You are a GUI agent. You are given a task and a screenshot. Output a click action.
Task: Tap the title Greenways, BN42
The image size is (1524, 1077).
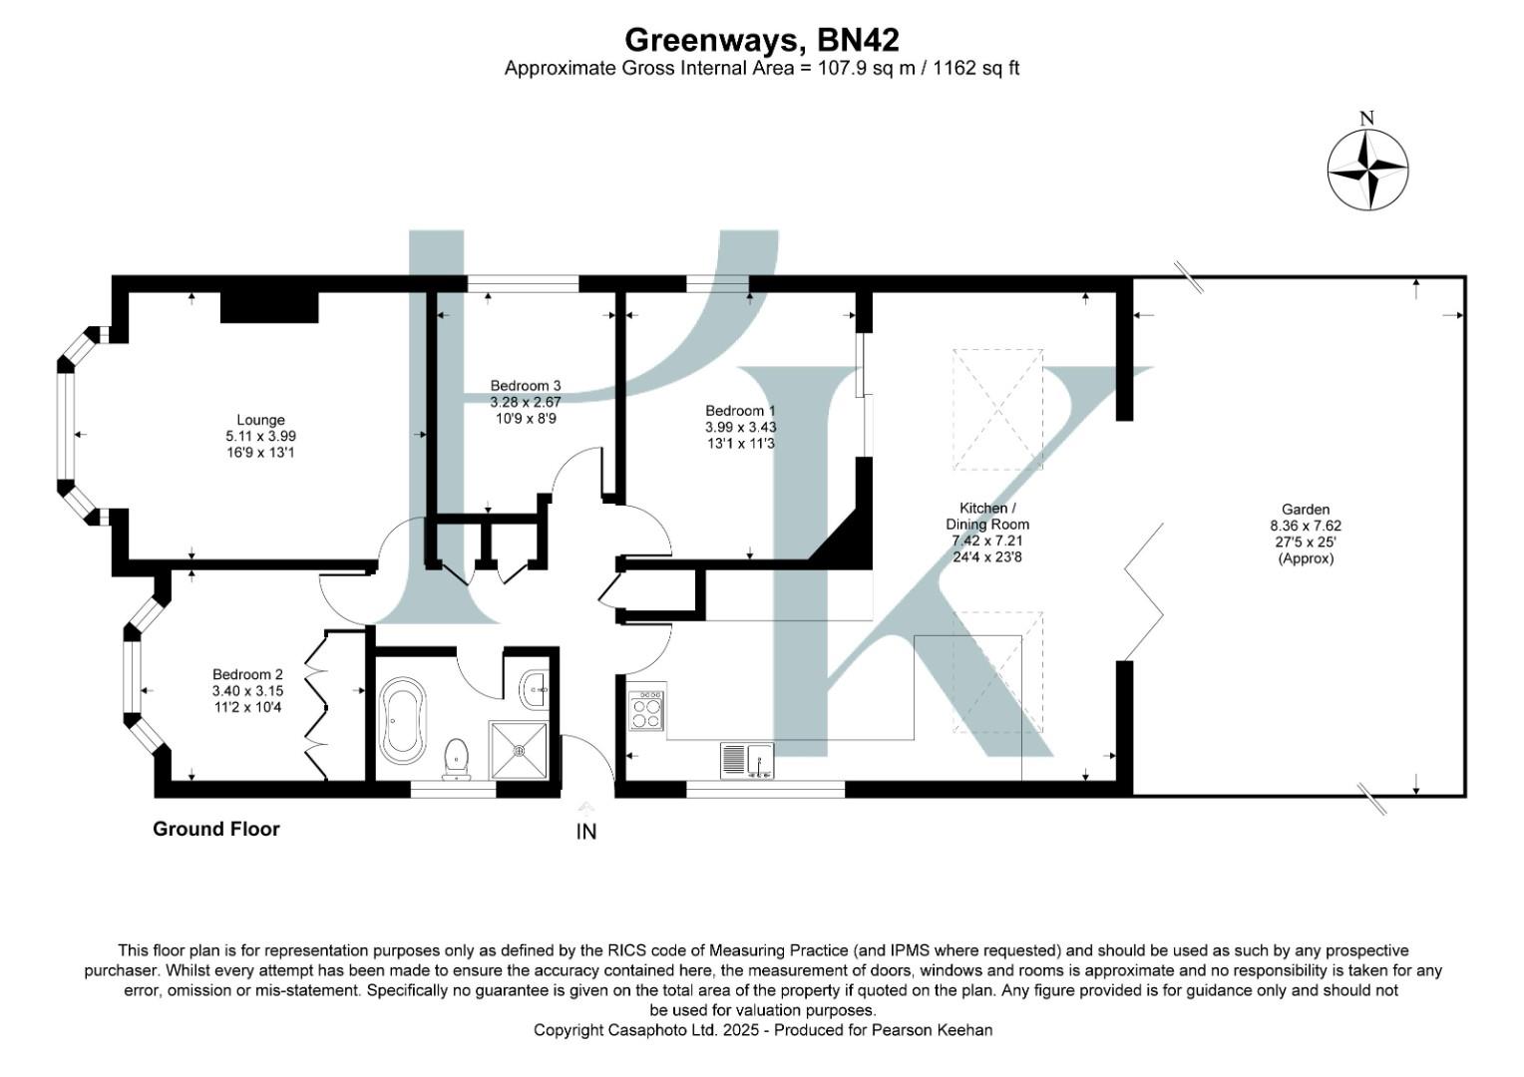tap(761, 40)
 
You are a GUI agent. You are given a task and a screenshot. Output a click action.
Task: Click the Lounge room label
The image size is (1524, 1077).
tap(260, 436)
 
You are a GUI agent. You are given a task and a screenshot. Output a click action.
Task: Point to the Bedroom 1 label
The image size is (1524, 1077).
tap(740, 426)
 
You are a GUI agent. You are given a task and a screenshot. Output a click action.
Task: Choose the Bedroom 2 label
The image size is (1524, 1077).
tap(247, 690)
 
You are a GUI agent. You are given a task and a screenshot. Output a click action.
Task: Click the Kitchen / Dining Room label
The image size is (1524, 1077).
tap(987, 533)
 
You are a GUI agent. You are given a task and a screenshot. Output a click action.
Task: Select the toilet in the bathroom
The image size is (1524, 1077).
tap(457, 758)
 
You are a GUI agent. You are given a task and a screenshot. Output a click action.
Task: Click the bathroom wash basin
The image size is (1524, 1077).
tap(534, 687)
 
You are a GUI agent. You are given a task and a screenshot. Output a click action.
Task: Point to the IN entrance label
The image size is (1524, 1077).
tap(586, 831)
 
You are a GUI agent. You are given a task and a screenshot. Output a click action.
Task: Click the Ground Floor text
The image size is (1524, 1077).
tap(215, 829)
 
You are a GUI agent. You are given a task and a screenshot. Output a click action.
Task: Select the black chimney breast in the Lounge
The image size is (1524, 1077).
tap(268, 307)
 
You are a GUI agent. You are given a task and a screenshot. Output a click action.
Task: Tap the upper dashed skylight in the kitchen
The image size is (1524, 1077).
tap(998, 409)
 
